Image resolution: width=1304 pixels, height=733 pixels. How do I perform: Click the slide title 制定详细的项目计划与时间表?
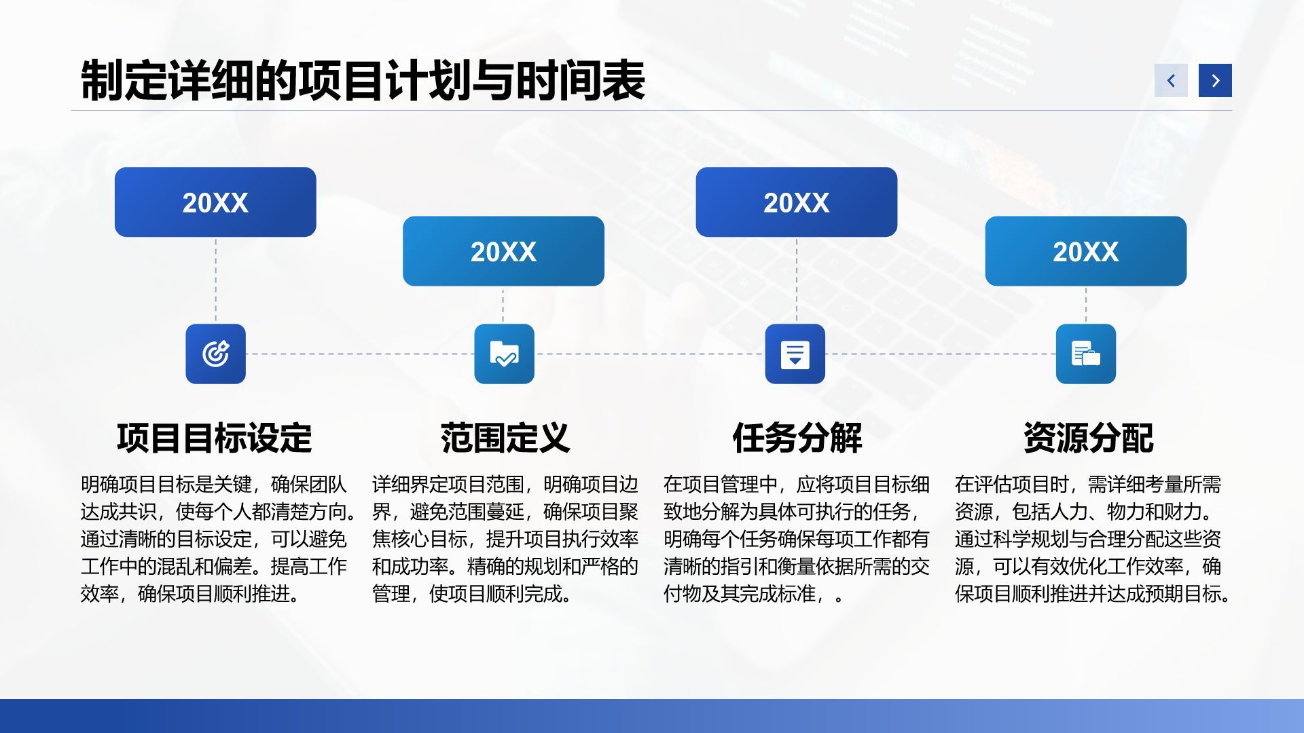[x=363, y=81]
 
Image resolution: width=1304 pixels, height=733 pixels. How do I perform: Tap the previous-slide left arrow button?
[x=1171, y=81]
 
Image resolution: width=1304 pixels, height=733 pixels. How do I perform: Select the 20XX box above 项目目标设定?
[x=215, y=202]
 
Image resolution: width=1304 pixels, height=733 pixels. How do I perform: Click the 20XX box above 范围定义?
[x=503, y=251]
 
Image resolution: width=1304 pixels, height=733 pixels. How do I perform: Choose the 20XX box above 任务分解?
[x=797, y=202]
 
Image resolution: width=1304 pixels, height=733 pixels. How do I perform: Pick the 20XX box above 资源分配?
[x=1086, y=251]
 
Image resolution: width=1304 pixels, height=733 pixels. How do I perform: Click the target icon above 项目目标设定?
[x=216, y=354]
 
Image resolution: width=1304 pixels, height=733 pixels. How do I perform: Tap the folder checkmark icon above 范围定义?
[x=504, y=354]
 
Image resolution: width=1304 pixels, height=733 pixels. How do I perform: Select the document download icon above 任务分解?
[x=795, y=354]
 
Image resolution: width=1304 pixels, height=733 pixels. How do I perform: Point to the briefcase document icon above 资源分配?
[x=1086, y=354]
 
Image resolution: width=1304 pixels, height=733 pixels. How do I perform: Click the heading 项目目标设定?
[x=215, y=438]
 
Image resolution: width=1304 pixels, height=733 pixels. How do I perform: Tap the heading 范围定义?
[x=505, y=438]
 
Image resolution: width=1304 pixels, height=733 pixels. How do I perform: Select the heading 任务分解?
[x=797, y=438]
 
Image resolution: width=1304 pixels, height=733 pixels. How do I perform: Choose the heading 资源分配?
[x=1089, y=438]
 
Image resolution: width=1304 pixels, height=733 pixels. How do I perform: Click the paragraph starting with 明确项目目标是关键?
[x=219, y=539]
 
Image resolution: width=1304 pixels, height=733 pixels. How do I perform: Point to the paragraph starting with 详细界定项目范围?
[x=505, y=539]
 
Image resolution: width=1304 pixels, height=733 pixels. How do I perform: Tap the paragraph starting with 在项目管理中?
[x=797, y=539]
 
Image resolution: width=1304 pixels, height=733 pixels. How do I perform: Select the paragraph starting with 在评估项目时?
[x=1093, y=539]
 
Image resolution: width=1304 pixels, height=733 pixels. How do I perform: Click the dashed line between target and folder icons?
[x=360, y=354]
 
